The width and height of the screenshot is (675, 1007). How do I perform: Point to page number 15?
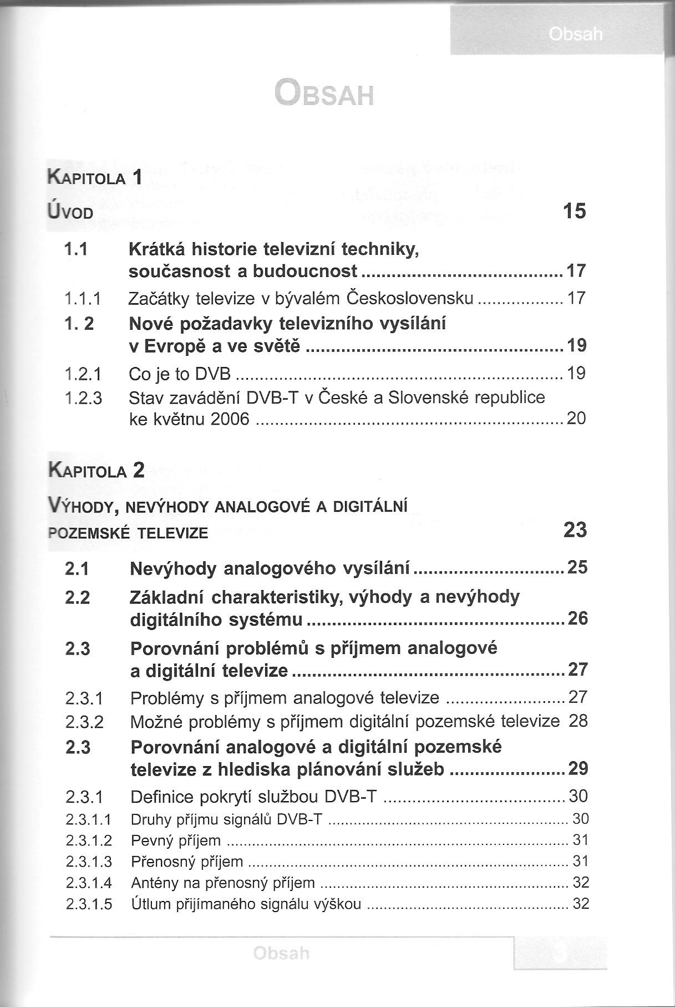(x=574, y=212)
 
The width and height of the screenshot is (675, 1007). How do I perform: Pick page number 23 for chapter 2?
(x=575, y=530)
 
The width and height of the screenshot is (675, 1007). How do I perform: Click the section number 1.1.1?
(x=83, y=299)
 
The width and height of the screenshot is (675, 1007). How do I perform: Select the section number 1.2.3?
(x=83, y=398)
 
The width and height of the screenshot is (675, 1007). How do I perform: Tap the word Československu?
(x=410, y=299)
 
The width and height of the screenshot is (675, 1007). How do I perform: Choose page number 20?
(x=576, y=418)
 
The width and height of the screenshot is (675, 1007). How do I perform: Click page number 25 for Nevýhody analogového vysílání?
(x=577, y=567)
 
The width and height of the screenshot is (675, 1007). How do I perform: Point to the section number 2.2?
(x=78, y=597)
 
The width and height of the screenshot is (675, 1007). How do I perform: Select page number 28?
(x=578, y=721)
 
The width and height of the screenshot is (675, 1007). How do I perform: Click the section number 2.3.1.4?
(x=89, y=883)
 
